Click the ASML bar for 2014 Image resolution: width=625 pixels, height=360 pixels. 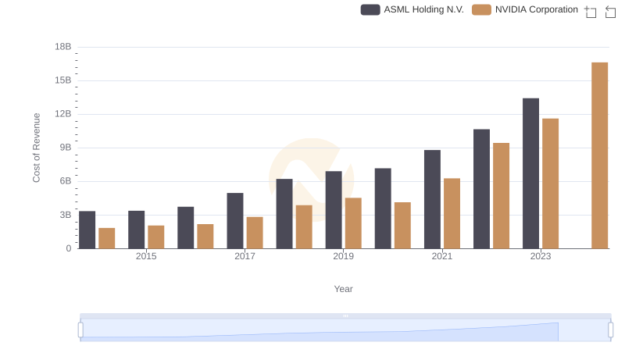(x=87, y=230)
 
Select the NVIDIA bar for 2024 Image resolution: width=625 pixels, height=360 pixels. (x=599, y=155)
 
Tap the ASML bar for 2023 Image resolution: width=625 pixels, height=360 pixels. (x=530, y=173)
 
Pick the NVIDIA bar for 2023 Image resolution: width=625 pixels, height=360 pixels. (x=550, y=184)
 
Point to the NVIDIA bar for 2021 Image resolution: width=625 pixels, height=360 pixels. (x=452, y=213)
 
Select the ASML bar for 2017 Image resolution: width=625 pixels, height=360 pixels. (x=235, y=220)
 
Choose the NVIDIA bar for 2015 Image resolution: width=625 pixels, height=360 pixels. (x=156, y=237)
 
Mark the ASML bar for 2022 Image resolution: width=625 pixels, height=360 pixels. (x=481, y=189)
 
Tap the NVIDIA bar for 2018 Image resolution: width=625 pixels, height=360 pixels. (x=304, y=226)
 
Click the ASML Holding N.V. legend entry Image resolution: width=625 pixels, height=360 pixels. (x=412, y=9)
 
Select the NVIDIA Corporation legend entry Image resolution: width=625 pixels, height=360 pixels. (x=526, y=9)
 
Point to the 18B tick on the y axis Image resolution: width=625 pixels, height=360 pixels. (x=63, y=47)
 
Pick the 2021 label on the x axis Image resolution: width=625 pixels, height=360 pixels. (x=442, y=256)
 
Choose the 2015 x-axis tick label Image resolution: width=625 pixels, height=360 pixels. (x=146, y=256)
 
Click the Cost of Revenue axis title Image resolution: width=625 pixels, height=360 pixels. (x=37, y=148)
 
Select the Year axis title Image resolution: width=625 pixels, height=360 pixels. (x=344, y=289)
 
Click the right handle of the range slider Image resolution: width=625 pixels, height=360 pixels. (x=611, y=330)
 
